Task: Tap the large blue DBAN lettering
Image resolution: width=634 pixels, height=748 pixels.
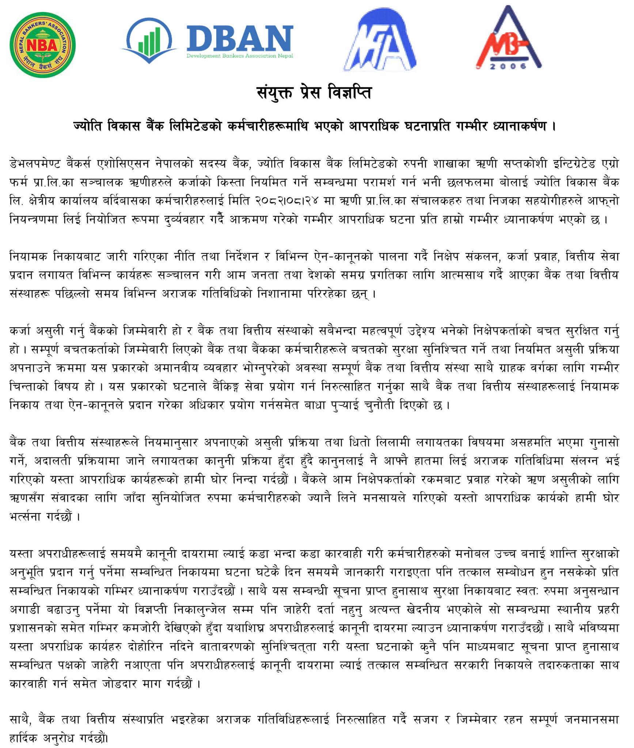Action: pyautogui.click(x=240, y=38)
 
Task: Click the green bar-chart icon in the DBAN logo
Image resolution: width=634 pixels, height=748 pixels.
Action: pyautogui.click(x=149, y=40)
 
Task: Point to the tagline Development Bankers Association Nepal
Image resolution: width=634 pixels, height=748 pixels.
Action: pyautogui.click(x=240, y=56)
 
